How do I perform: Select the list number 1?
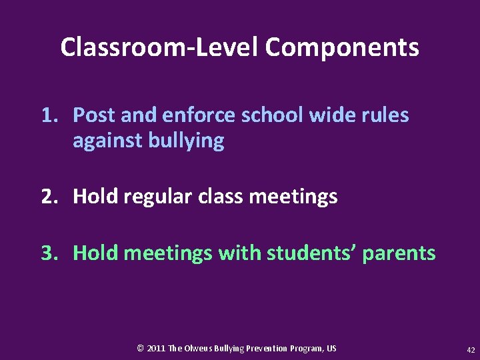[x=49, y=115]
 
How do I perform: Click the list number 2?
[x=49, y=197]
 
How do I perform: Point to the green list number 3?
[x=49, y=253]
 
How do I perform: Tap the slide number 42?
[x=471, y=349]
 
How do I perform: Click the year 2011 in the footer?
[x=156, y=349]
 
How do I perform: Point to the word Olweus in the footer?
[x=198, y=349]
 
